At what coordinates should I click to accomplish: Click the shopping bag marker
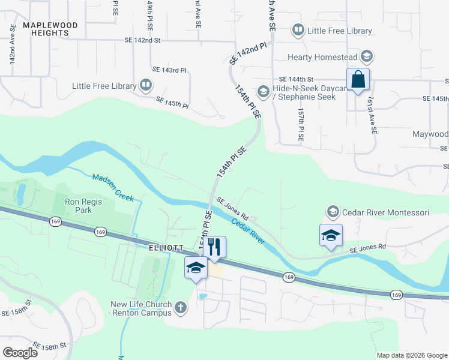tap(358, 80)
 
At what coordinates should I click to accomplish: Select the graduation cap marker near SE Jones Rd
tap(331, 236)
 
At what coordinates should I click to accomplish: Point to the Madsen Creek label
tap(113, 187)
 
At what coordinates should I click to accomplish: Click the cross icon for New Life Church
tap(181, 308)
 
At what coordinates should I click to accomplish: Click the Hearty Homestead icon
tap(367, 58)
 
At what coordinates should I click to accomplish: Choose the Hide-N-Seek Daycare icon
tap(263, 92)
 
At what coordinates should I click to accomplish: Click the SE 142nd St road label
tap(142, 40)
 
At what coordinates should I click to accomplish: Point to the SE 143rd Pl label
tap(170, 70)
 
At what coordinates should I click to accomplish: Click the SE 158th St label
tap(50, 347)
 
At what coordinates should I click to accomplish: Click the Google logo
tap(21, 353)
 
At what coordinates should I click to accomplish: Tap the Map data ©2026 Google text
tap(411, 355)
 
